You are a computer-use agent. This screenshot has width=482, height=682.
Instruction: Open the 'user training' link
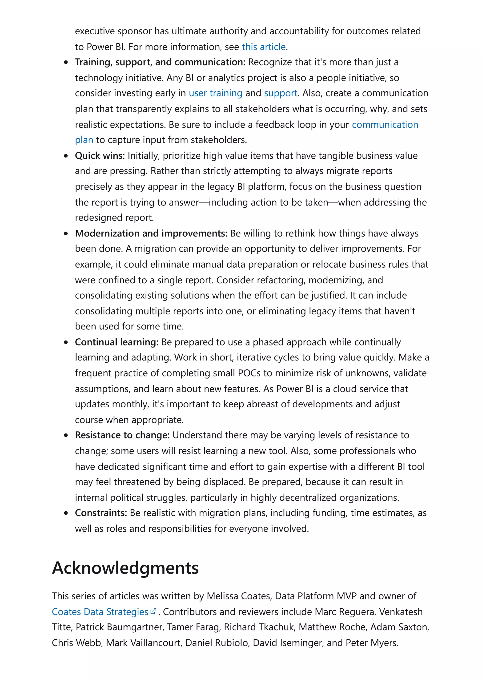(x=215, y=93)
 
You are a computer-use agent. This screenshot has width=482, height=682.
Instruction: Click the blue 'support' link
(x=280, y=93)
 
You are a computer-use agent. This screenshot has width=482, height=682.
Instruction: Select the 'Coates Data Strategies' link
(x=100, y=612)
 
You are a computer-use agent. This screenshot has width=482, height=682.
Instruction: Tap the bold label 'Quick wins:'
(x=100, y=156)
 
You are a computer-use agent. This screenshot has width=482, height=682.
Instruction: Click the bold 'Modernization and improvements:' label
(x=151, y=233)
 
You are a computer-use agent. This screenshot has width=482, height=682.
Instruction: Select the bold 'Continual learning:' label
(x=117, y=342)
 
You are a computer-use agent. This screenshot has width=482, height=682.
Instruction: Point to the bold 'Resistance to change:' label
(x=122, y=435)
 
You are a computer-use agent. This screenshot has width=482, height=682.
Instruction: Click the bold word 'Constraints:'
(x=101, y=513)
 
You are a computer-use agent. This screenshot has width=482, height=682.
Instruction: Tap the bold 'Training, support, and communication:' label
(x=160, y=62)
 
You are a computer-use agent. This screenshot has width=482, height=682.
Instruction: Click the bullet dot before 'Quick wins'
(x=66, y=156)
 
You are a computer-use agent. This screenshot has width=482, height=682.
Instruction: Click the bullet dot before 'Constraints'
(x=66, y=513)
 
